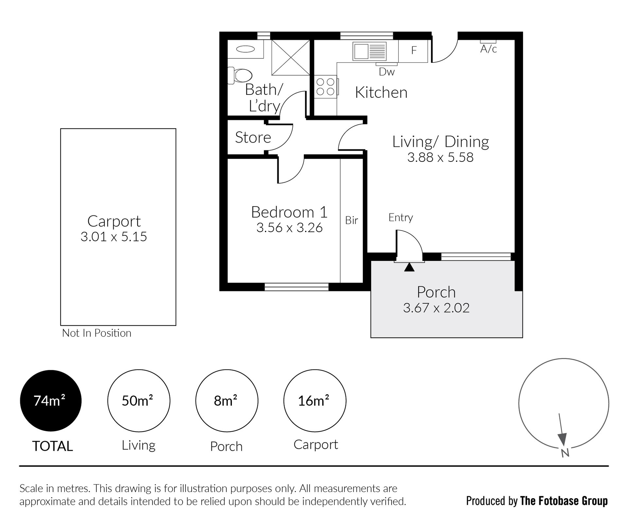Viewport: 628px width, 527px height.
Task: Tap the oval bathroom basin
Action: pyautogui.click(x=245, y=49)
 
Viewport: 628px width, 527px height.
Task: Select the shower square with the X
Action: pyautogui.click(x=290, y=58)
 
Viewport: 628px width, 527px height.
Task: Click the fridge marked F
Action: pyautogui.click(x=413, y=51)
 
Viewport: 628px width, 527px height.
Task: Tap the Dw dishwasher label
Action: pyautogui.click(x=387, y=72)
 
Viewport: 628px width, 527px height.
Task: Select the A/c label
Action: pyautogui.click(x=489, y=49)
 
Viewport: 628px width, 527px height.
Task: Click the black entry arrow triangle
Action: pyautogui.click(x=409, y=267)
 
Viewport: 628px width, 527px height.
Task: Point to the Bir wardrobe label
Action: pyautogui.click(x=352, y=220)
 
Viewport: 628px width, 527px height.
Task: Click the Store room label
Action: pyautogui.click(x=253, y=137)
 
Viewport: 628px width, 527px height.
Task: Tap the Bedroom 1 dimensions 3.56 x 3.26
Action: pyautogui.click(x=289, y=228)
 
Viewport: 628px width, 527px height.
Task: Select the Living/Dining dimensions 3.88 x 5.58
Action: pyautogui.click(x=440, y=157)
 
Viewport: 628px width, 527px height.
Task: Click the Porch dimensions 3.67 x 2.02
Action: pyautogui.click(x=436, y=308)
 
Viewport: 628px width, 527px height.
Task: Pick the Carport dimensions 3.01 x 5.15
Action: pyautogui.click(x=114, y=236)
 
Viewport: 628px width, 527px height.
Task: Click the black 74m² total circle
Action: pyautogui.click(x=51, y=401)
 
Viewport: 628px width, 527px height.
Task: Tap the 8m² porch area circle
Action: pyautogui.click(x=227, y=401)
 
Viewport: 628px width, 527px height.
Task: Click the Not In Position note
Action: pyautogui.click(x=97, y=333)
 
